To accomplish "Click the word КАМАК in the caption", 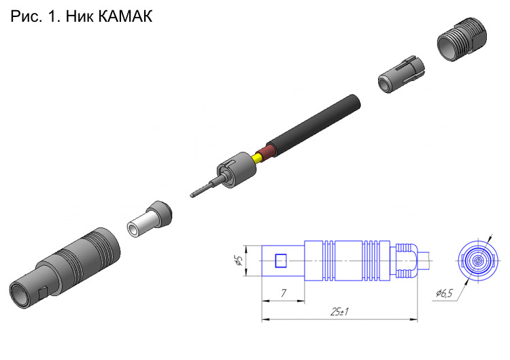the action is click(x=125, y=16).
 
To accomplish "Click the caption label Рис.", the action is click(x=27, y=16).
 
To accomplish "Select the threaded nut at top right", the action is click(x=462, y=39).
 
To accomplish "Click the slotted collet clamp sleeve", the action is click(x=401, y=75).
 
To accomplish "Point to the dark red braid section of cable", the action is click(x=265, y=154).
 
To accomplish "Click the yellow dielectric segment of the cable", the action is click(x=257, y=159).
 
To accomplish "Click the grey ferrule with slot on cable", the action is click(x=236, y=169).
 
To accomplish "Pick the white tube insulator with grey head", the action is click(x=150, y=219).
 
